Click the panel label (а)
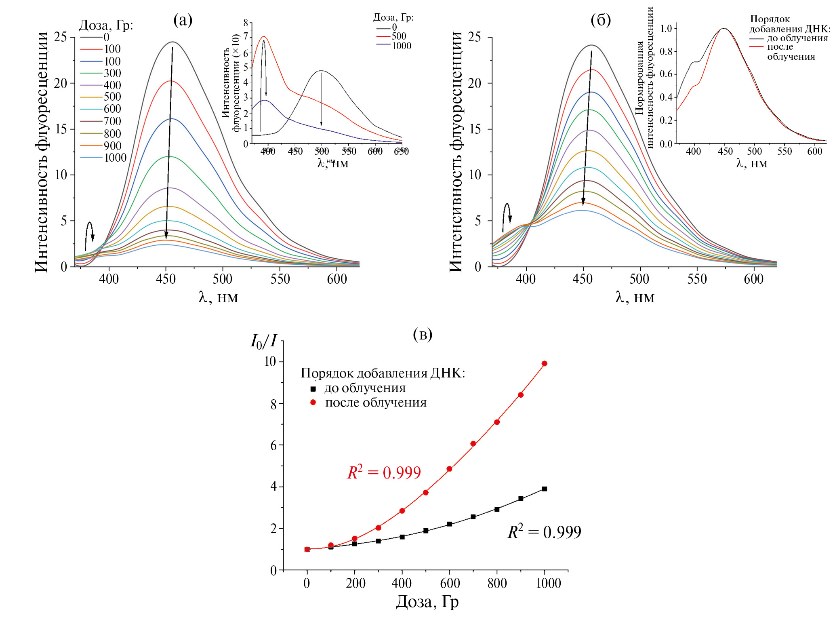coord(183,20)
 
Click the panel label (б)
coord(601,20)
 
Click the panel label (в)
coord(423,334)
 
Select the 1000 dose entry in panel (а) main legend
coord(115,158)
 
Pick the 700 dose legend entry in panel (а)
coord(112,121)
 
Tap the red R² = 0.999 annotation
coord(384,472)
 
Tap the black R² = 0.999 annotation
coord(544,532)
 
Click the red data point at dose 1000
coord(544,364)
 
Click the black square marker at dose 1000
coord(544,489)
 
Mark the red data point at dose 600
coord(449,469)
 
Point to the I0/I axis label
coord(263,342)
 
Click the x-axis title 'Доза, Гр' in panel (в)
coord(427,601)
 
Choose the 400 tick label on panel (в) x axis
coord(402,583)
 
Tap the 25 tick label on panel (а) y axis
coord(61,37)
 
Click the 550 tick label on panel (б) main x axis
coord(697,279)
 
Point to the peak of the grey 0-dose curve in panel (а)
coord(173,42)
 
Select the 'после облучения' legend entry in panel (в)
coord(376,403)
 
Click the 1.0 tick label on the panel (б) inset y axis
coord(666,28)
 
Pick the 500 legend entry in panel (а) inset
coord(399,36)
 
